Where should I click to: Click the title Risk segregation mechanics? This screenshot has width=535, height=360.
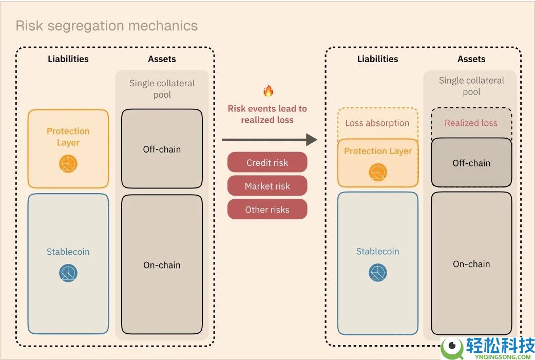click(107, 26)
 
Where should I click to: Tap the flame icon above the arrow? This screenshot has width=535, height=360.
click(268, 90)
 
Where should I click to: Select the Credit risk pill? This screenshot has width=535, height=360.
click(267, 162)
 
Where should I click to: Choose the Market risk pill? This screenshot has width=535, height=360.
click(267, 186)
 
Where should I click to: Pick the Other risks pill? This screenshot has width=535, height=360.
click(267, 209)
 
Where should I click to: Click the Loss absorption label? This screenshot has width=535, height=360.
click(377, 123)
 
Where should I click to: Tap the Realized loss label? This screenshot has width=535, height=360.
click(471, 123)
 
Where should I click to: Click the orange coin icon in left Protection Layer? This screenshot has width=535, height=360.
click(68, 163)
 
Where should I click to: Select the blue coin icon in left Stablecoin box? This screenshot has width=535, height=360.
click(68, 273)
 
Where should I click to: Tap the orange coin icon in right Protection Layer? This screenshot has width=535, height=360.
click(378, 172)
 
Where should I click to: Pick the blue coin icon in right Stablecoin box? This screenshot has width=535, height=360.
click(378, 273)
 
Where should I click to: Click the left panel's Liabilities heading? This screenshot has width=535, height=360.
click(68, 59)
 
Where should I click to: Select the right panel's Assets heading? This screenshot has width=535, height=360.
click(471, 59)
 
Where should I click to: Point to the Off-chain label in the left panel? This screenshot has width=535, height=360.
click(162, 149)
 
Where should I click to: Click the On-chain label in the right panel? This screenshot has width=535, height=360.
click(471, 264)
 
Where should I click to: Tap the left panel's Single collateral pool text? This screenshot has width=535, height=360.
click(162, 89)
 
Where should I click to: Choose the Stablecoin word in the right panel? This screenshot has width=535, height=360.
click(377, 251)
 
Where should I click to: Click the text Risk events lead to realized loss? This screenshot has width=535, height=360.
click(267, 114)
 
